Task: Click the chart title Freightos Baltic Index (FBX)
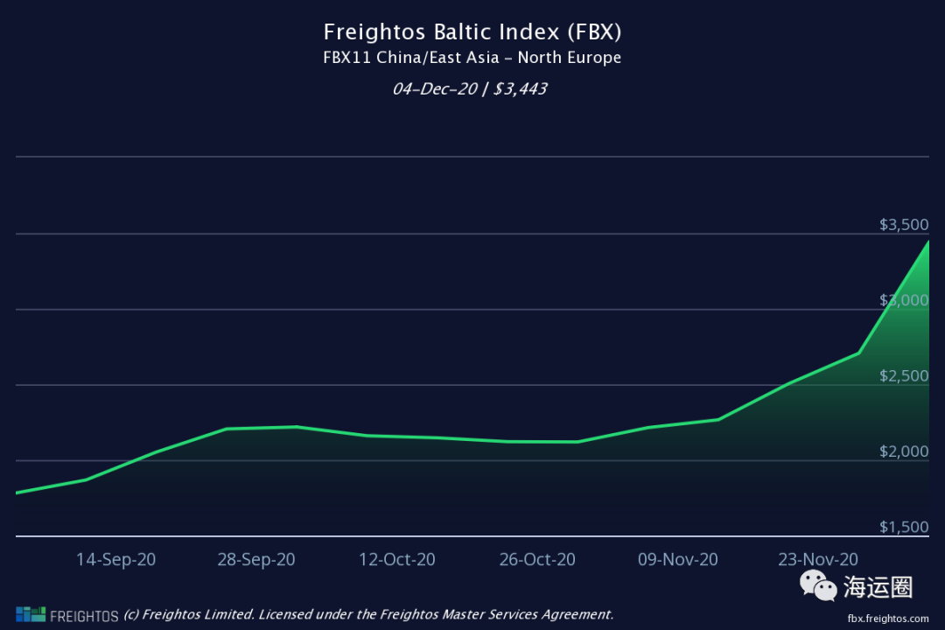click(472, 32)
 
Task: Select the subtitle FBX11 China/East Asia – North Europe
click(472, 59)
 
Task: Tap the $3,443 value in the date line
click(520, 88)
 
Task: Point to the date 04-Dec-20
click(433, 88)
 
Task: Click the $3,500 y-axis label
click(904, 225)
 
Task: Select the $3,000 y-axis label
click(904, 300)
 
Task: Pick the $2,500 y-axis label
click(904, 376)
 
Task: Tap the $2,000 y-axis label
click(904, 451)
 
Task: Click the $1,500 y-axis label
click(904, 527)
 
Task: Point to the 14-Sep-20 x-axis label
click(115, 559)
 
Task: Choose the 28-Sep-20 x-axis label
click(256, 559)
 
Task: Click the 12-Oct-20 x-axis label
click(396, 559)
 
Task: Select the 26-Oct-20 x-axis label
click(537, 559)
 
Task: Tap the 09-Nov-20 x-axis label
click(678, 559)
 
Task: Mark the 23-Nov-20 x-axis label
click(819, 559)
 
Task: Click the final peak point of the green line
click(928, 241)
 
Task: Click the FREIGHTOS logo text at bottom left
click(83, 615)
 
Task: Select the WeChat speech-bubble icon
click(820, 585)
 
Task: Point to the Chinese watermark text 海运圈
click(878, 587)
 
